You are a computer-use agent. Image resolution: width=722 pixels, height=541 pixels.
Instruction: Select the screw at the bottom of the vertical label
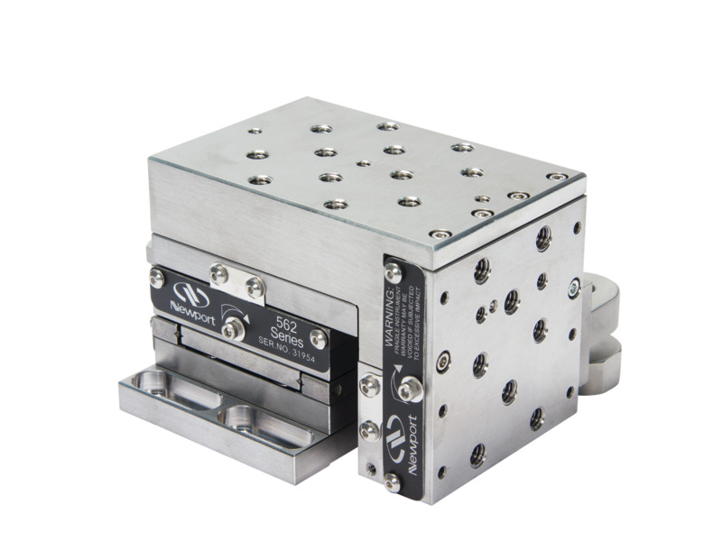[x=393, y=483]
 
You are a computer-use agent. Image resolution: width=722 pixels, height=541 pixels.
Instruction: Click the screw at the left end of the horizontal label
[x=157, y=280]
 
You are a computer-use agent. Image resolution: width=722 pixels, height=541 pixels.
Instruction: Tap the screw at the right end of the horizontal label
[x=318, y=339]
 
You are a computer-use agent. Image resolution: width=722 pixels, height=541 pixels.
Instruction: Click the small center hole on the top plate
[x=363, y=164]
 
